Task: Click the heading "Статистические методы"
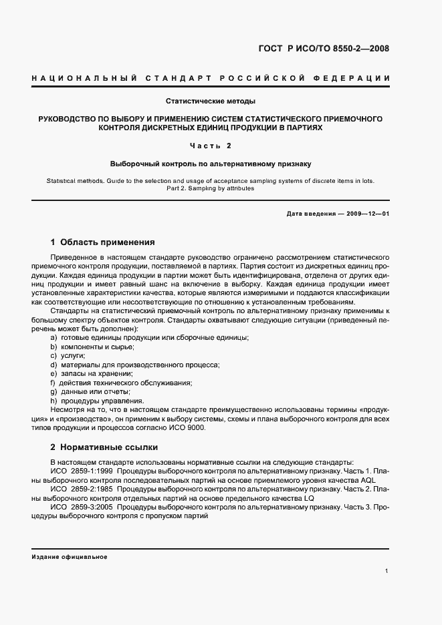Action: point(211,101)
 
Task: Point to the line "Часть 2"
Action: point(211,145)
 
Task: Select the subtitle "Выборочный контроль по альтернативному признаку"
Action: point(211,163)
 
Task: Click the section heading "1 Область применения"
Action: point(103,242)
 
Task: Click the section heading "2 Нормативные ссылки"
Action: point(104,447)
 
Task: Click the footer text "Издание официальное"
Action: point(70,557)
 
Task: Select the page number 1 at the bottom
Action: point(387,572)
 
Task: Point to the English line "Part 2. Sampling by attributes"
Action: point(211,188)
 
